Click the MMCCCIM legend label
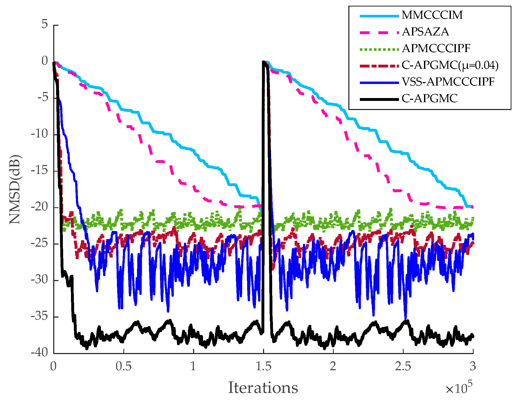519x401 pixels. click(x=432, y=15)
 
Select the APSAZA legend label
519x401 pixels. click(x=425, y=32)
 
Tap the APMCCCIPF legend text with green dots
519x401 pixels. click(x=436, y=48)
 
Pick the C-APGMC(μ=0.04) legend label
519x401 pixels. click(x=450, y=65)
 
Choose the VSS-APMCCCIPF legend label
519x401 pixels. click(x=448, y=82)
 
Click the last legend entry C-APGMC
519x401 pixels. click(x=429, y=99)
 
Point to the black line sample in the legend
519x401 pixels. click(x=379, y=99)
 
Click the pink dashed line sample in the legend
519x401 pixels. click(x=379, y=33)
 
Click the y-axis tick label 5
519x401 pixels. click(x=45, y=25)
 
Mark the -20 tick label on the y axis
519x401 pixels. click(x=39, y=207)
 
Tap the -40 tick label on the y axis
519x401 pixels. click(x=39, y=353)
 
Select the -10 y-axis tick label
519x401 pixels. click(x=39, y=134)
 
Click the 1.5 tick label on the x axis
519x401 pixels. click(x=263, y=367)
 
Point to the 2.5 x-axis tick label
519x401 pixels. click(x=403, y=367)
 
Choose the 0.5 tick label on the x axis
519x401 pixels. click(x=123, y=367)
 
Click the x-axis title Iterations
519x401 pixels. click(x=263, y=388)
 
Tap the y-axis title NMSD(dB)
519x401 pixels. click(x=15, y=189)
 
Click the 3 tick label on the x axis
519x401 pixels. click(x=473, y=367)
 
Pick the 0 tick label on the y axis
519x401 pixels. click(x=45, y=61)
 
